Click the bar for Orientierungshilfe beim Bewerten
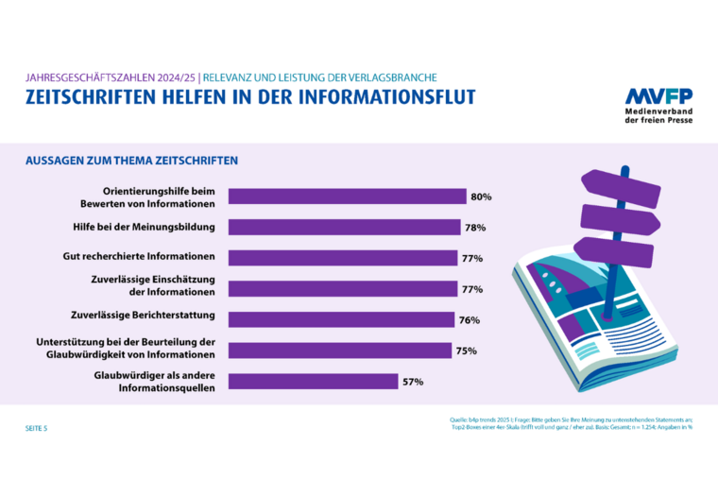point(348,197)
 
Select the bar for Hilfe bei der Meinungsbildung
point(344,227)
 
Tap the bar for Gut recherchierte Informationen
point(342,258)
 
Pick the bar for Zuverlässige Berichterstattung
point(340,319)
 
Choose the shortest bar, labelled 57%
point(313,382)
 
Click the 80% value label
point(481,197)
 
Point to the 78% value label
point(474,227)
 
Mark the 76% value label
point(470,319)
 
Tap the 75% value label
point(466,351)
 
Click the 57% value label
point(412,382)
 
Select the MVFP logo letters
point(659,96)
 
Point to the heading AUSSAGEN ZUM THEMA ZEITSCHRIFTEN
point(131,161)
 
